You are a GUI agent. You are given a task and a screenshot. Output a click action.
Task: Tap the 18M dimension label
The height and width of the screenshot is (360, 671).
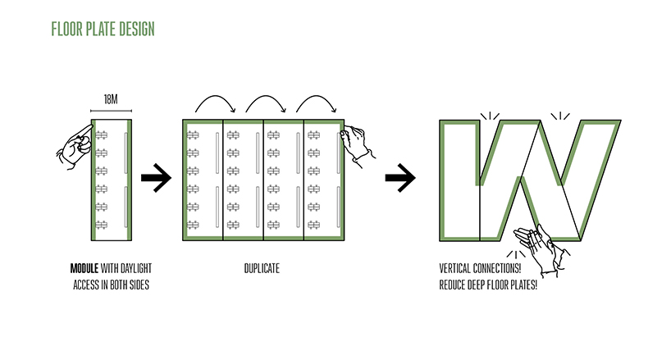111,99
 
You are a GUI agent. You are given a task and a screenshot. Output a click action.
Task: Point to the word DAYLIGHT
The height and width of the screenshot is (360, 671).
135,269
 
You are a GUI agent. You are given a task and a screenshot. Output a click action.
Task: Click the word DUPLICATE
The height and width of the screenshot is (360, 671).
262,269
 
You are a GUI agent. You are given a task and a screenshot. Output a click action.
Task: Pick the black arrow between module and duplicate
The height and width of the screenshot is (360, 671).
156,177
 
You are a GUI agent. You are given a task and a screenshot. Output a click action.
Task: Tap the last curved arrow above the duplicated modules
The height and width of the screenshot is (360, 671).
314,103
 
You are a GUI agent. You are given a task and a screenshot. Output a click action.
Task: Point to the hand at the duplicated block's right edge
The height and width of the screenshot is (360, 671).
358,141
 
